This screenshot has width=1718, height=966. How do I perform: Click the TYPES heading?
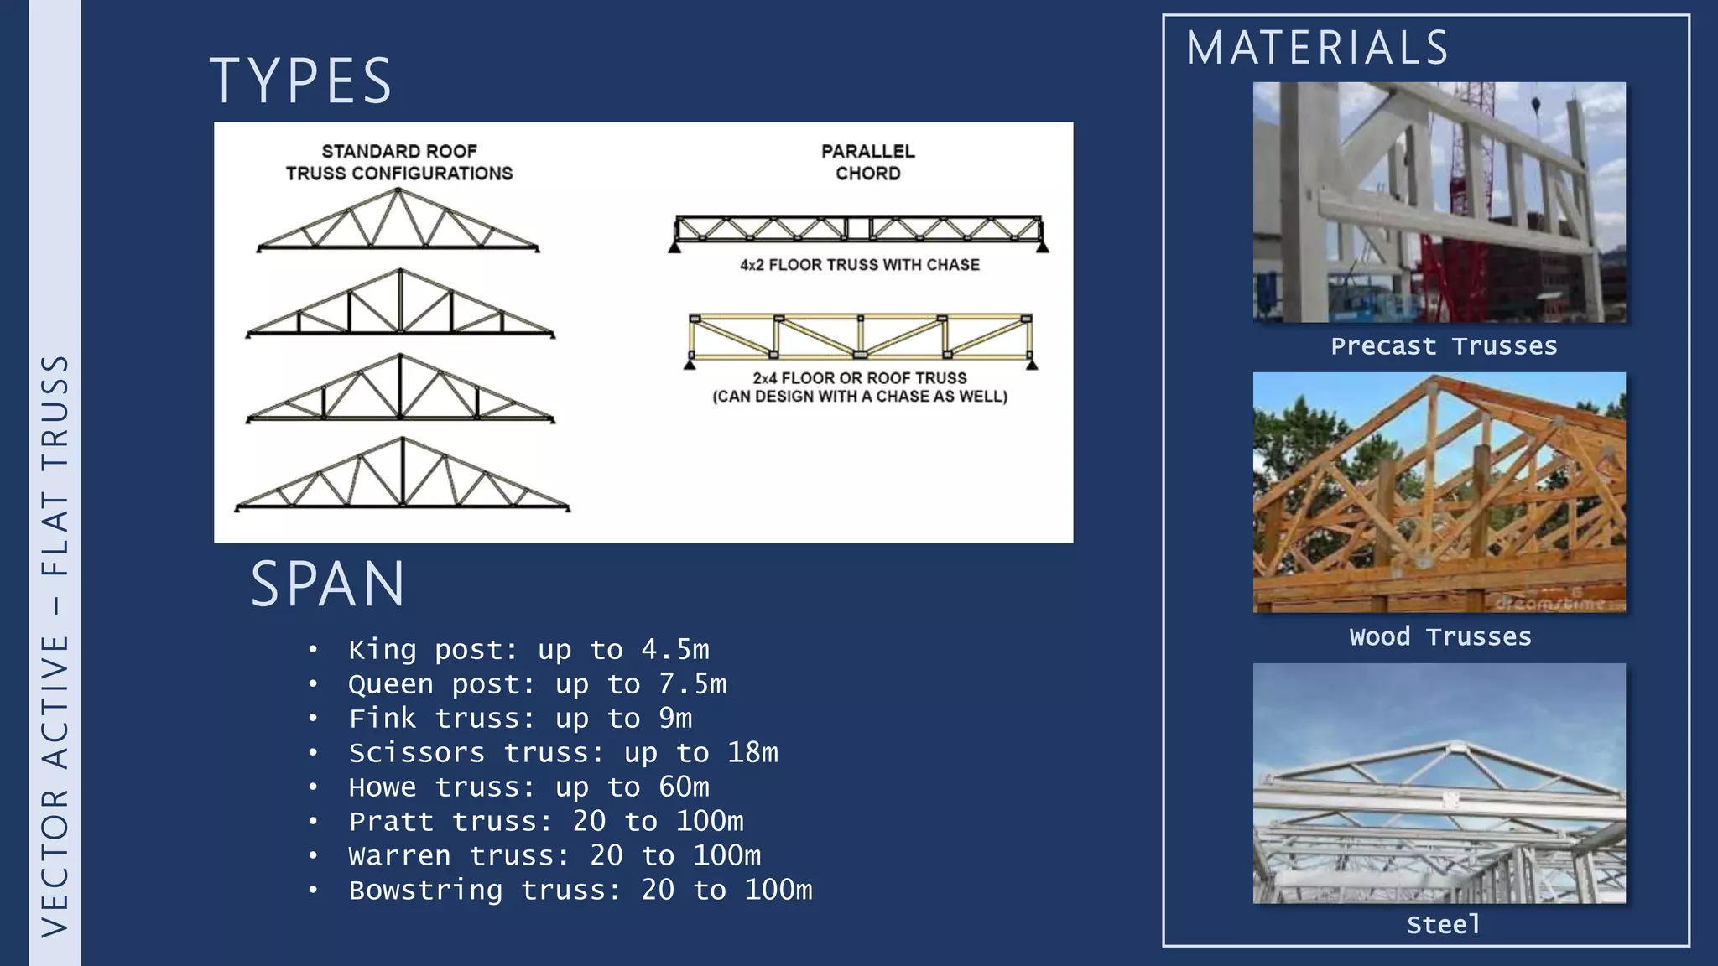[x=300, y=81]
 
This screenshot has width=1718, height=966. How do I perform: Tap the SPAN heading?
[x=328, y=584]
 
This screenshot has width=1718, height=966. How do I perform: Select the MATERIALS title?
[x=1317, y=48]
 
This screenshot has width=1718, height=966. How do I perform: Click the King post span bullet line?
[x=528, y=650]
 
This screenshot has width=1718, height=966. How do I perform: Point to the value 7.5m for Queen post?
[x=693, y=684]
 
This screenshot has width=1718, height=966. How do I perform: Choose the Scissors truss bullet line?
[x=563, y=753]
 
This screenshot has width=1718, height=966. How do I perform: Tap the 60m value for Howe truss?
[x=684, y=787]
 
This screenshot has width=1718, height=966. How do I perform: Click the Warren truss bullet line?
[x=554, y=856]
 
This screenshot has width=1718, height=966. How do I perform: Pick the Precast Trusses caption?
[x=1444, y=346]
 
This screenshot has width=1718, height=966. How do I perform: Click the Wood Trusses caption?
[x=1440, y=637]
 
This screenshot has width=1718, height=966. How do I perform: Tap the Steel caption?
[x=1443, y=925]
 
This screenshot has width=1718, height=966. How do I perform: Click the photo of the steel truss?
[x=1439, y=783]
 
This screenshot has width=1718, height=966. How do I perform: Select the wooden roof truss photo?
[x=1439, y=492]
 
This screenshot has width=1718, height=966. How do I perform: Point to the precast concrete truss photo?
[x=1439, y=202]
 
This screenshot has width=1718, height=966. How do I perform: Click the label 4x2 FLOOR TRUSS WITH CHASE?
[x=859, y=265]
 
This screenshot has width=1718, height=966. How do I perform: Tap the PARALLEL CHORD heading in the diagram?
[x=867, y=163]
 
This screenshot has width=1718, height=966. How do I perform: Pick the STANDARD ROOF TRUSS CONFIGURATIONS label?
[x=398, y=163]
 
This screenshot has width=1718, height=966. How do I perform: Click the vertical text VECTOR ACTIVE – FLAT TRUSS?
[x=55, y=646]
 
